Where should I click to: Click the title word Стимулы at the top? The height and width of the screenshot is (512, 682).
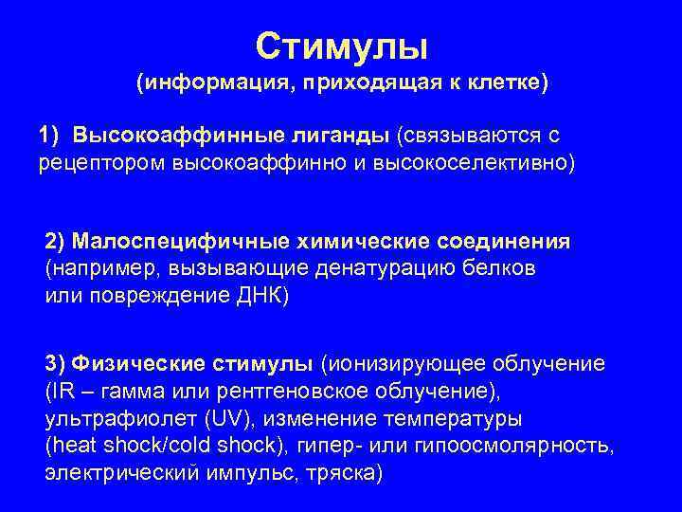click(x=341, y=44)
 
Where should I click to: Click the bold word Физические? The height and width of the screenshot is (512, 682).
click(x=137, y=364)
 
